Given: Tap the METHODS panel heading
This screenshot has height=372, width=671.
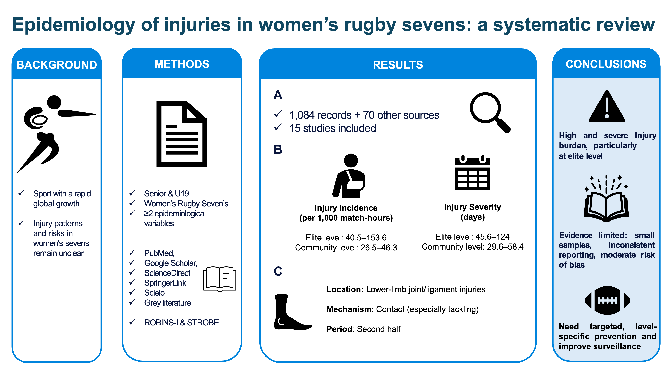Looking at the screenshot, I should coord(182,64).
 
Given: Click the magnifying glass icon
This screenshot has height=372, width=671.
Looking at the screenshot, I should coord(489,112).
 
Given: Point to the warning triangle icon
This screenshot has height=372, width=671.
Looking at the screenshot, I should coord(607,107).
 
